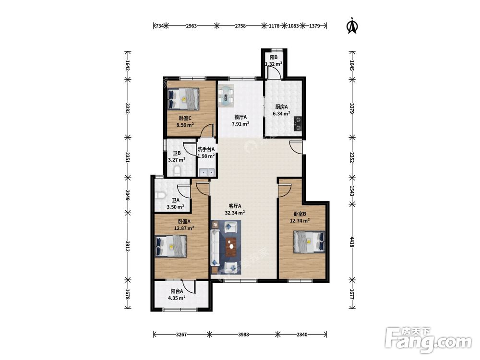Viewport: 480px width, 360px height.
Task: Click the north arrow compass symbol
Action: pos(352,26)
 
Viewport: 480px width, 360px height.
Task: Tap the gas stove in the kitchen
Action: pos(298,124)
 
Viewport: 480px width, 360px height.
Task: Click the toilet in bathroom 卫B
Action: pos(177,171)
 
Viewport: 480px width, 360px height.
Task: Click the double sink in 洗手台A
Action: pos(206,172)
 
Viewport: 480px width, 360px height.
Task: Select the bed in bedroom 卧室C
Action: pos(183,98)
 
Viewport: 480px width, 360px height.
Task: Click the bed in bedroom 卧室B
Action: pos(309,242)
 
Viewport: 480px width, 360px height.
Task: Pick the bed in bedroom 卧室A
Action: pos(170,246)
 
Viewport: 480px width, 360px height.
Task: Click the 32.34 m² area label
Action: pos(235,213)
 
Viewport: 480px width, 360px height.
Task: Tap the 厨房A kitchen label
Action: pos(281,107)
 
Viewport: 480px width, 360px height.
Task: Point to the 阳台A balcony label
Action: pos(177,291)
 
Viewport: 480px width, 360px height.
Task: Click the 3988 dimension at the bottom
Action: pos(243,334)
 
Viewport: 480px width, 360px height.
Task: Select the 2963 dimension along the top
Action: pos(192,26)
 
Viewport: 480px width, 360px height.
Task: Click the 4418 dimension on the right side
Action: pos(352,241)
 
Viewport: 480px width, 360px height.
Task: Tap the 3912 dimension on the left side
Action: pos(128,246)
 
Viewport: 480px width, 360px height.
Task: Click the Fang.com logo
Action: pos(428,340)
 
